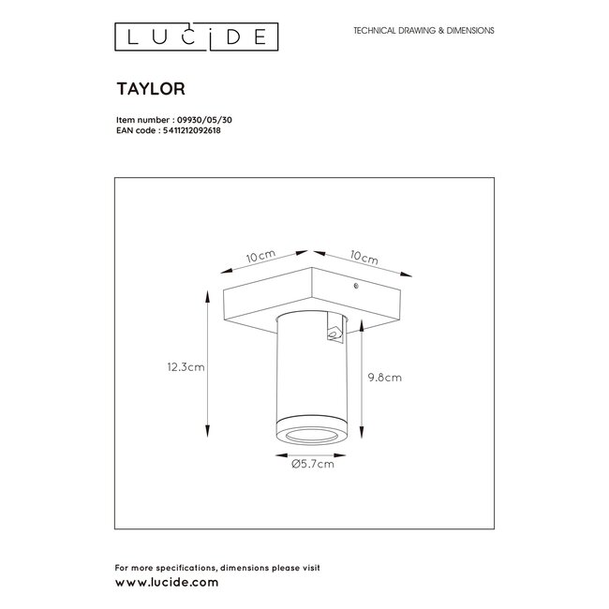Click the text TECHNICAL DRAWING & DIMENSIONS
[423, 31]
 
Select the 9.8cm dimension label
[385, 378]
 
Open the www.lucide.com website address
[166, 581]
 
